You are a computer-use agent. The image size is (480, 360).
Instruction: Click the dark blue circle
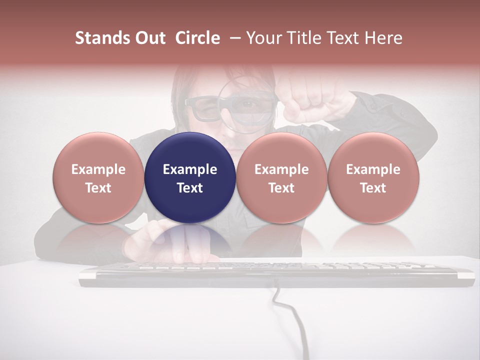190,177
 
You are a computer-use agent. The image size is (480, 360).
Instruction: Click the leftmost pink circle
98,177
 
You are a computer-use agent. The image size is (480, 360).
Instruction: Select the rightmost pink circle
373,177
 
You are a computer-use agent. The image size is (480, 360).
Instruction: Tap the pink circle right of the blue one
281,177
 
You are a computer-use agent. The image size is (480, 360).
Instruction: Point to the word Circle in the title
197,38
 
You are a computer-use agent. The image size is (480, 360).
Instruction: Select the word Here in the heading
384,38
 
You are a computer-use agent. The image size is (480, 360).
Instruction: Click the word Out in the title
150,38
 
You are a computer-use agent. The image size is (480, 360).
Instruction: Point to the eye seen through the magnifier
248,104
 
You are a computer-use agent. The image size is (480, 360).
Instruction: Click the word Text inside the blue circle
190,188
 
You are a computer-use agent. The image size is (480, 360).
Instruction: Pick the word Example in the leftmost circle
98,169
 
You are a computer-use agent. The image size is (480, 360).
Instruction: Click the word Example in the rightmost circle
373,169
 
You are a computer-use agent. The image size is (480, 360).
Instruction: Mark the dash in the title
233,38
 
